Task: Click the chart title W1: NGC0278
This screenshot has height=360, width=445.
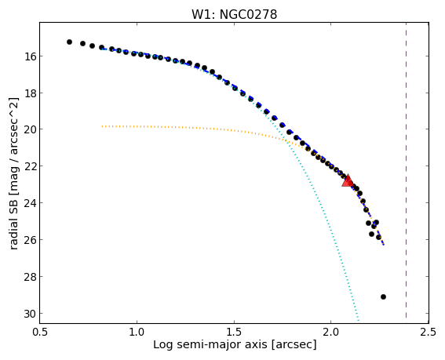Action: [x=234, y=15]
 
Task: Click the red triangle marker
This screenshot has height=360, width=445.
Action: [x=347, y=181]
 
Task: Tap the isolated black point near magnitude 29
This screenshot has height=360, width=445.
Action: [x=383, y=296]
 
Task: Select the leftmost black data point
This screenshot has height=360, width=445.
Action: [x=69, y=42]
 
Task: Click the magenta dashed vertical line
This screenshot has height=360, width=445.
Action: [x=406, y=170]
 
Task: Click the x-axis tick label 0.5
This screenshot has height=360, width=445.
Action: [x=40, y=332]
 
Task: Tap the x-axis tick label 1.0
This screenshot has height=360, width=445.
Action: [x=137, y=332]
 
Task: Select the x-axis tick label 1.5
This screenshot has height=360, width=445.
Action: [x=234, y=332]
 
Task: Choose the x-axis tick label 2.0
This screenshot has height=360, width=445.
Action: [x=331, y=332]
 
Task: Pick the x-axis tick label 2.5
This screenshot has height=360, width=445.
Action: [x=429, y=332]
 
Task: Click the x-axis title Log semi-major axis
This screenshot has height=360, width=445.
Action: [x=210, y=345]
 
